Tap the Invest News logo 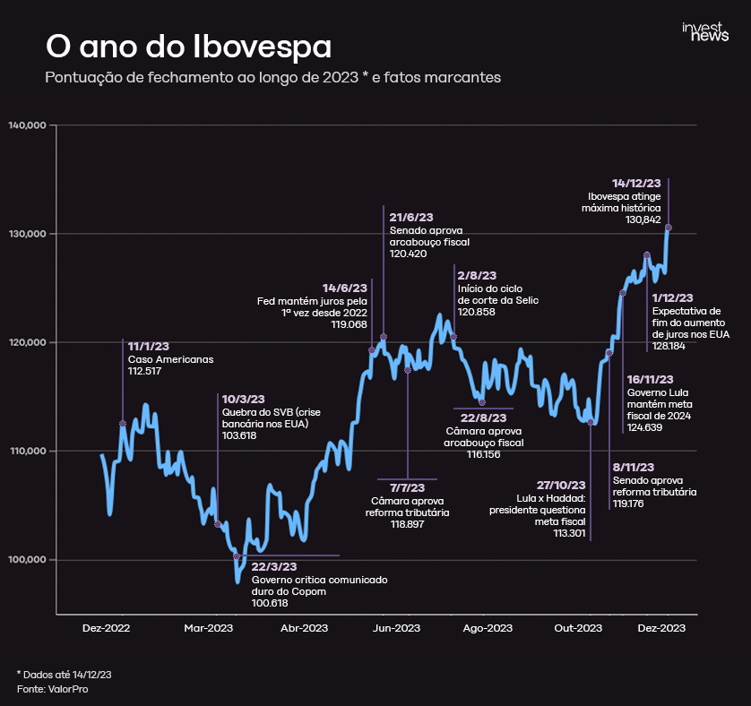705,32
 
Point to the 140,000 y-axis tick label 27,125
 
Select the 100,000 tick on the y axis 27,560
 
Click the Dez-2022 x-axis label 106,628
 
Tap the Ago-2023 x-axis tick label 488,628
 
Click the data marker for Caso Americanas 123,423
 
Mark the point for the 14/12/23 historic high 669,228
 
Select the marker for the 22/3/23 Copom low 237,556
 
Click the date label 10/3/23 244,399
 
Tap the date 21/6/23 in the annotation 411,217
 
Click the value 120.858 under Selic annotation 476,312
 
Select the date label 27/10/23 561,485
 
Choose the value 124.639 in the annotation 644,427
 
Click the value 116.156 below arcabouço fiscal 482,454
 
